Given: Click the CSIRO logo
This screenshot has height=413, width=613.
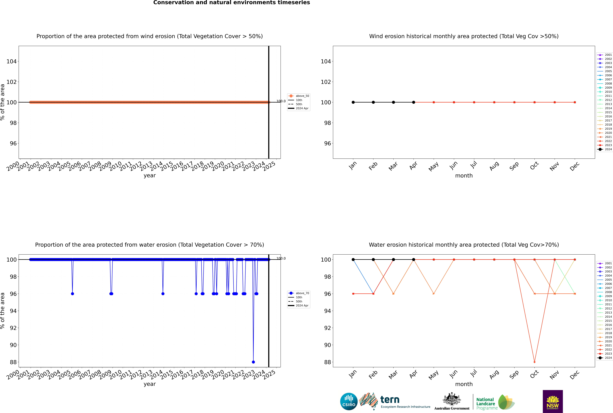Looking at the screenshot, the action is (349, 401).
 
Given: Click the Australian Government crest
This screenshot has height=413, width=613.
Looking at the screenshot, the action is (452, 401).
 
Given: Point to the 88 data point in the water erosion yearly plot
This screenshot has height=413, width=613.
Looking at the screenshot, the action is (253, 362).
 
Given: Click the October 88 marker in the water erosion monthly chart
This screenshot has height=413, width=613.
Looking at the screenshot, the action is (534, 362).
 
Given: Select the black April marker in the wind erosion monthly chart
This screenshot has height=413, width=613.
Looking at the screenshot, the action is (414, 102).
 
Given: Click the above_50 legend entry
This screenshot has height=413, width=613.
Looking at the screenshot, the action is (299, 96).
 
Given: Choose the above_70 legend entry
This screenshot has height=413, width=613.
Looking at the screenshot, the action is (299, 293).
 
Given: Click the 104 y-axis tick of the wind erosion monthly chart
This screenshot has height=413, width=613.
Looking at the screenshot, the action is (326, 61).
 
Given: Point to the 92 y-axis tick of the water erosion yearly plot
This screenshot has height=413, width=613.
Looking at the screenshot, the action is (13, 328).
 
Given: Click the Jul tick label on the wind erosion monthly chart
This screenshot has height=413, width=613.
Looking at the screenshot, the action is (474, 165).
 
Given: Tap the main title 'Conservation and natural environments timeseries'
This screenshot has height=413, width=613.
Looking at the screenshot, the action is (232, 3).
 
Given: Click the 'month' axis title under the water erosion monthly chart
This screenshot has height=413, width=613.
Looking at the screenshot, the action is (464, 384).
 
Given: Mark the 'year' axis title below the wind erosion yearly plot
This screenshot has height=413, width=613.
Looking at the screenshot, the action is (150, 175).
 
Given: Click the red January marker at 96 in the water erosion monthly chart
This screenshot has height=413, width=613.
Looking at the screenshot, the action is (353, 294).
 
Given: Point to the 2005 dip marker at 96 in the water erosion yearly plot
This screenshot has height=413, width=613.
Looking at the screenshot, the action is (72, 294).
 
